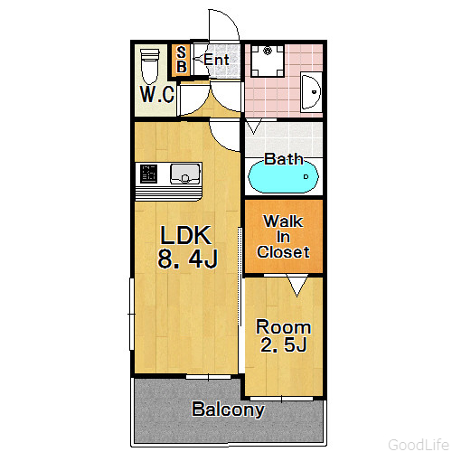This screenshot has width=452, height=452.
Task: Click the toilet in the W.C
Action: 150,66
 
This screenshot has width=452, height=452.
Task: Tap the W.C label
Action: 157,94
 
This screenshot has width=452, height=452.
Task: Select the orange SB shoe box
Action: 181,60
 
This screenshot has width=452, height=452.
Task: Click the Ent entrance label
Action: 216,60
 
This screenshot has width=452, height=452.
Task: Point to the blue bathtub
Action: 283,177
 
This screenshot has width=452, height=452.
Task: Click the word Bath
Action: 284,159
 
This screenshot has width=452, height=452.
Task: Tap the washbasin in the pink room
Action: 311,92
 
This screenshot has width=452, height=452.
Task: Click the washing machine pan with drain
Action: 268,61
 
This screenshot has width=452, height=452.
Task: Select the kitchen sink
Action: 185,174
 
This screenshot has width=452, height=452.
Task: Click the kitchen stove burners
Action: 149,174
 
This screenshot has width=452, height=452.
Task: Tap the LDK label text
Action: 185,235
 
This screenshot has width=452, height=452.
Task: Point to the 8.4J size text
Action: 187,259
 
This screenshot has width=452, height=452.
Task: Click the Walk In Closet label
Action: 283,237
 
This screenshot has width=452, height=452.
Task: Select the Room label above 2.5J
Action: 283,327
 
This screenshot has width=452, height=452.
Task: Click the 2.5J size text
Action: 283,344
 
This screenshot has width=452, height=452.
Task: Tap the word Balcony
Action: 228,410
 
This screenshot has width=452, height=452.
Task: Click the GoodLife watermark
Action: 419,445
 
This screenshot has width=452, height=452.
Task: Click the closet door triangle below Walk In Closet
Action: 297,286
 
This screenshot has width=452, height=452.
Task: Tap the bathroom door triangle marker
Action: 254,127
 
